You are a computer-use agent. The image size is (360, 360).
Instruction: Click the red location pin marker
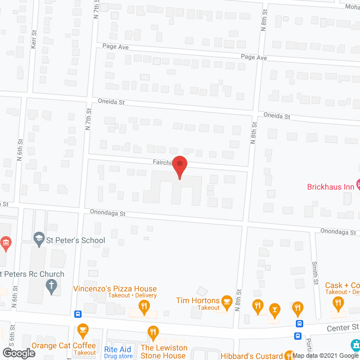coord(179,167)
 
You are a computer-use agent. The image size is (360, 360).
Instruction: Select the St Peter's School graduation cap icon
coord(39,240)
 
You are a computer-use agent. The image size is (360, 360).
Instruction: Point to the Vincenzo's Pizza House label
coord(115,289)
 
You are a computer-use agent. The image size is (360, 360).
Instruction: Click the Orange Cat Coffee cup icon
coord(83,330)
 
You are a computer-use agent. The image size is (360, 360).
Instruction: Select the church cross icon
coord(51,286)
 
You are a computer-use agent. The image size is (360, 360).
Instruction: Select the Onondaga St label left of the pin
coord(107,214)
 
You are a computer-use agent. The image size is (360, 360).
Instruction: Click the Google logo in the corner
coord(18,353)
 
